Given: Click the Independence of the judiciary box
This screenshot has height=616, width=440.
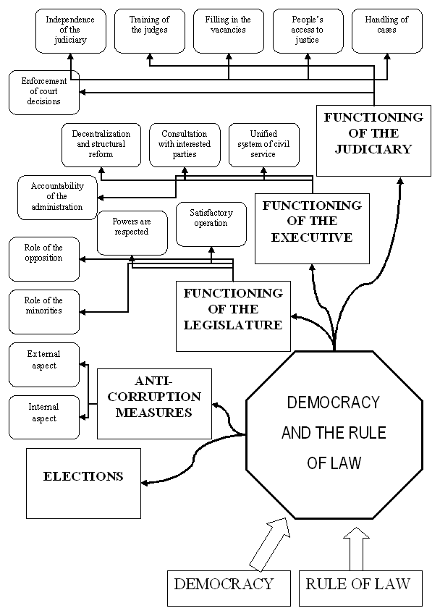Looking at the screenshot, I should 70,31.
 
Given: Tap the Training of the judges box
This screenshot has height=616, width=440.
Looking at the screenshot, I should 149,31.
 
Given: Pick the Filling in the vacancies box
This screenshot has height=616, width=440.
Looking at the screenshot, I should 228,31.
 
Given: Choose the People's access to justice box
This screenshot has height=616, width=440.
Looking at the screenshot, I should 308,31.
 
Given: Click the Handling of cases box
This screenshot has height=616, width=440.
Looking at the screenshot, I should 386,31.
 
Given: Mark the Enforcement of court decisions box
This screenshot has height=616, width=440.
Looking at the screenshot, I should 43,92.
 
